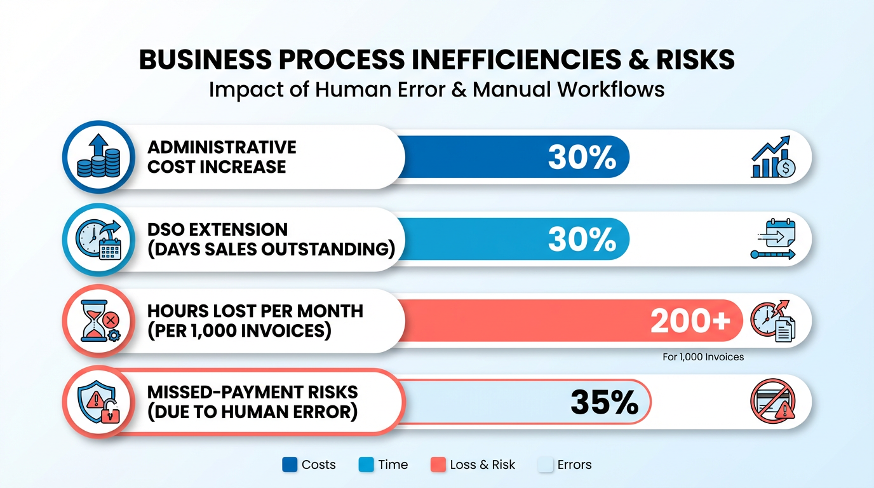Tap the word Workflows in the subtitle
click(x=611, y=89)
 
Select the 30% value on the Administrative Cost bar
click(x=582, y=157)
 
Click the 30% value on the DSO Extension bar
click(x=582, y=239)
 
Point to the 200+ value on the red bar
click(x=690, y=322)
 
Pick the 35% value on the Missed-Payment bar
click(x=604, y=402)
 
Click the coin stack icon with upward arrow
click(x=98, y=157)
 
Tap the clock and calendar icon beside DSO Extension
click(x=98, y=239)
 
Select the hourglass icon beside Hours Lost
click(x=98, y=321)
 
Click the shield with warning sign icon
click(x=98, y=403)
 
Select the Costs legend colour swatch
click(x=290, y=464)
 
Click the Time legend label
click(x=393, y=464)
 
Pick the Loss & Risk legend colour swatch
click(x=438, y=464)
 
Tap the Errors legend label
click(x=574, y=464)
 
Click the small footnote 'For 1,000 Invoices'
click(x=703, y=357)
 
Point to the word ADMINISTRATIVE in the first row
click(x=222, y=147)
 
